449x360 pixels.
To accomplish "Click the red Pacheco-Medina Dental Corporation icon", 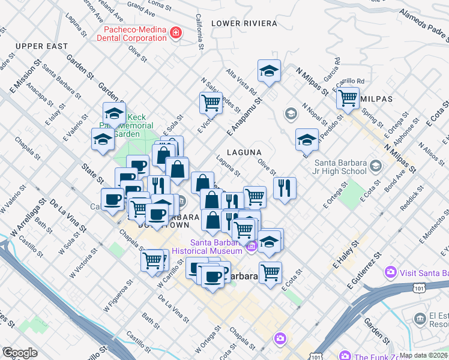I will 176,32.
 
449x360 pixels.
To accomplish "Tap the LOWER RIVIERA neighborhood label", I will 244,23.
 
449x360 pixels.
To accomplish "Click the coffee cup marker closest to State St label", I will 112,199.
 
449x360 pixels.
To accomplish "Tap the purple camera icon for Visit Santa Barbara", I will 391,272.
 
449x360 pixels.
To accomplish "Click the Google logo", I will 20,353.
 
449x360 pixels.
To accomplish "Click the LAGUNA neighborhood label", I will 244,152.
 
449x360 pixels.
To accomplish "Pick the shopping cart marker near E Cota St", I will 271,271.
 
